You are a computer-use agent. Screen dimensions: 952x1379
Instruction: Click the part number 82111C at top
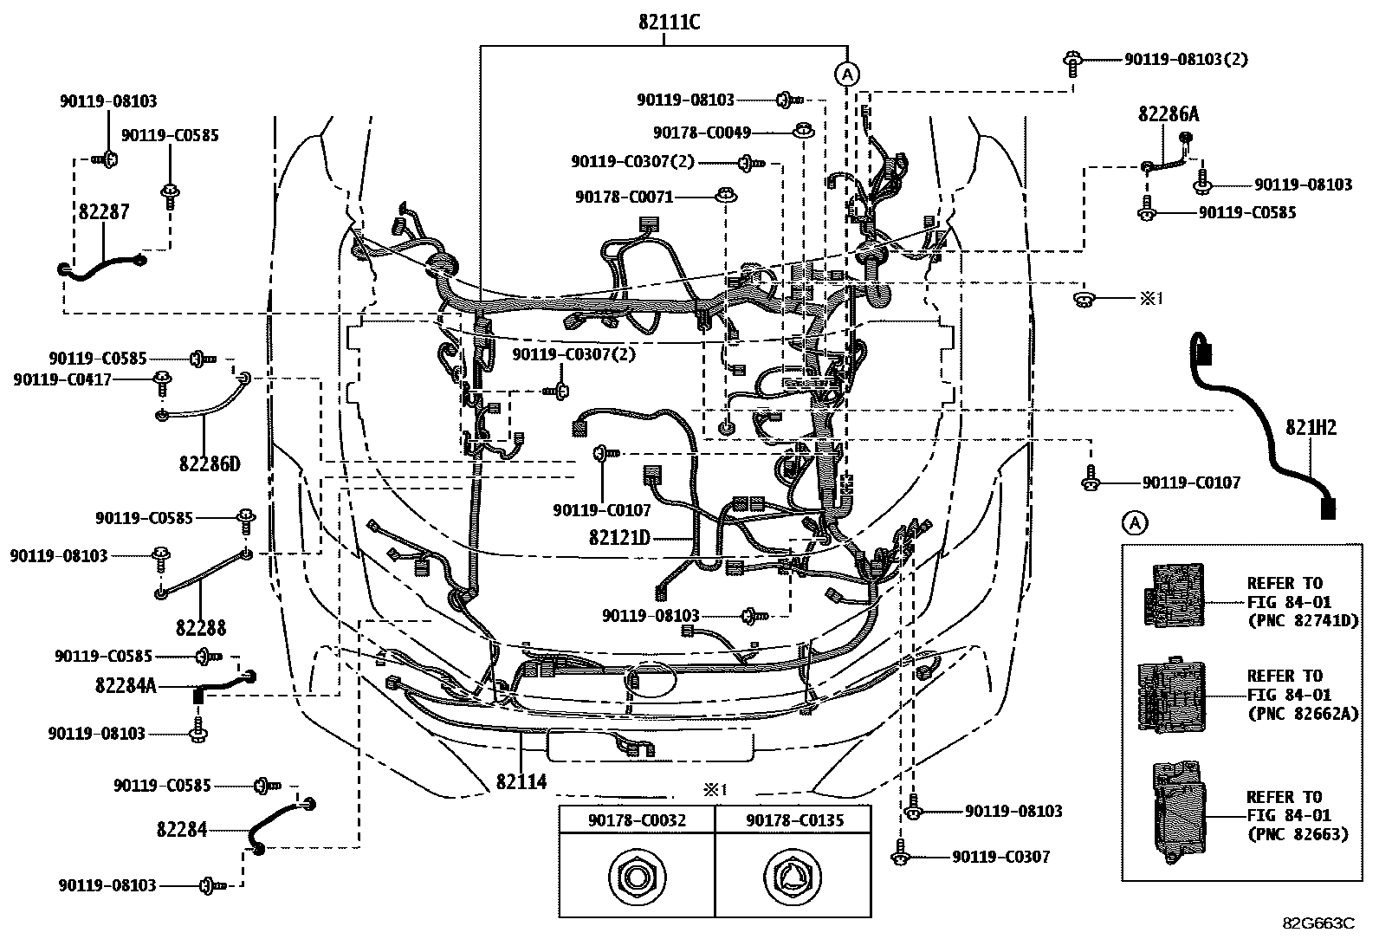pos(669,23)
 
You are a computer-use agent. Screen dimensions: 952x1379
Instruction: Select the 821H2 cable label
pos(1311,427)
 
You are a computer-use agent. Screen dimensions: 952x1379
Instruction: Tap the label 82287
pos(101,212)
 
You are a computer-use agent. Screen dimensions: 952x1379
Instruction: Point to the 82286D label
pos(210,464)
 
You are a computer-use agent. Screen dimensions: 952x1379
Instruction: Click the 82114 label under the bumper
pos(521,781)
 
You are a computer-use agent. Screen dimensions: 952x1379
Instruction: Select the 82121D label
pos(619,538)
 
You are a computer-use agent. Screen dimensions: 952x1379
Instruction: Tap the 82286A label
pos(1169,114)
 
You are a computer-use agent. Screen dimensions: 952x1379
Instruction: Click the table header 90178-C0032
pos(637,819)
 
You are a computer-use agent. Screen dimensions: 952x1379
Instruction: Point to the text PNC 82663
pos(1297,834)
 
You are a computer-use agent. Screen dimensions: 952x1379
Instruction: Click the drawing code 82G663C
pos(1318,923)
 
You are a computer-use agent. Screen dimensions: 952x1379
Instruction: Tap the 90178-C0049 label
pos(702,133)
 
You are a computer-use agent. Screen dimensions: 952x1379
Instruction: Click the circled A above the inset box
pos(1134,522)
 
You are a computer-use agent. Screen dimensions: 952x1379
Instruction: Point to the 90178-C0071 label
pos(624,198)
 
